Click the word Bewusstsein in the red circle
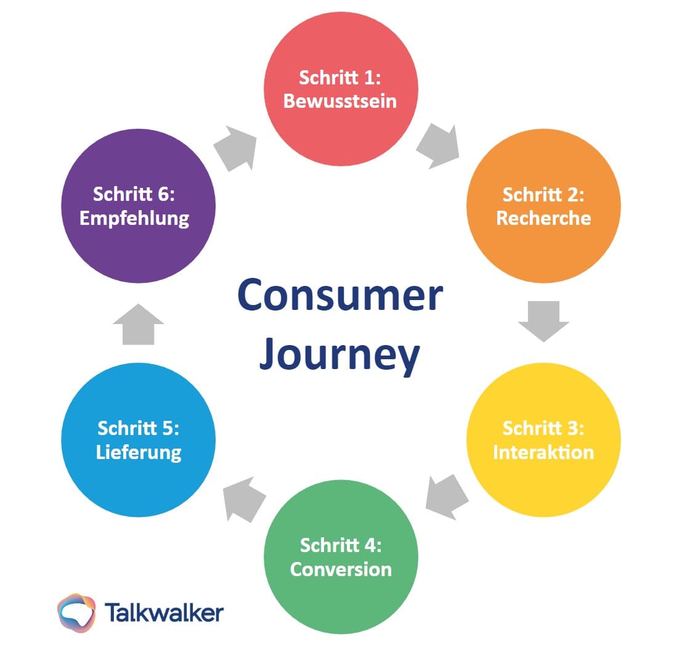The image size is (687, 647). [340, 100]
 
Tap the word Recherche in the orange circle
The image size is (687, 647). [543, 218]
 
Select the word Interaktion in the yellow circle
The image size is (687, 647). [543, 452]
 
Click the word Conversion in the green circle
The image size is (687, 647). [341, 568]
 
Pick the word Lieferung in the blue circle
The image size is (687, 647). [139, 452]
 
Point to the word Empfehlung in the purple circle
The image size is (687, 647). [134, 218]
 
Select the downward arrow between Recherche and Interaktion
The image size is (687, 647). [543, 320]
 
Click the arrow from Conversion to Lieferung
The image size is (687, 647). [243, 496]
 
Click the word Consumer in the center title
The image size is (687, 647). [339, 295]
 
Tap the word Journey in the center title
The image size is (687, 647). [339, 356]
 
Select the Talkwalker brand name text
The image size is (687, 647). [164, 613]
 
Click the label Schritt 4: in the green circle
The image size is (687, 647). [341, 545]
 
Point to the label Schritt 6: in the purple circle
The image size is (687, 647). [134, 194]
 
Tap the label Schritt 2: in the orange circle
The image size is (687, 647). [543, 194]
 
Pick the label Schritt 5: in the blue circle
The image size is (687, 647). [139, 428]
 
